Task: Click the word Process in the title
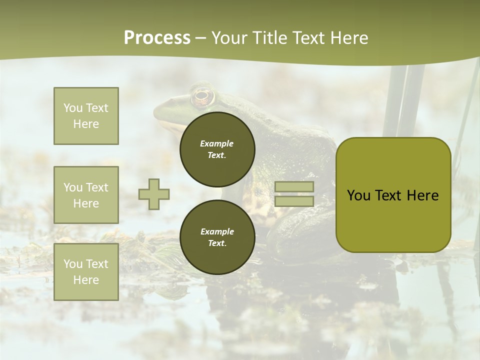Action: click(157, 38)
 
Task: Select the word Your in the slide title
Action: click(229, 38)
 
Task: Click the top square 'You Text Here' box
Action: click(86, 116)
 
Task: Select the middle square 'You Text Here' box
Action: click(86, 195)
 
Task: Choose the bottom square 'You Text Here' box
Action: click(86, 271)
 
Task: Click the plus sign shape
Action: click(154, 194)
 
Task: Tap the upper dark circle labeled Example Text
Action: click(217, 149)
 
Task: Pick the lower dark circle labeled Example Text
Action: click(217, 237)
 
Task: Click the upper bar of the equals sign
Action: click(294, 187)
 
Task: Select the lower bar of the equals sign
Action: click(294, 201)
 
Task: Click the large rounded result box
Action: click(393, 195)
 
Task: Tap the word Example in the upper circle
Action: click(217, 143)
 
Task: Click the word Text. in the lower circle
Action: click(217, 243)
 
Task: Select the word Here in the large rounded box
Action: click(423, 195)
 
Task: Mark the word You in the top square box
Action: click(73, 108)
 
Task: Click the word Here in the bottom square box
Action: click(86, 280)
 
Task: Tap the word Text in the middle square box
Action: click(97, 187)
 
